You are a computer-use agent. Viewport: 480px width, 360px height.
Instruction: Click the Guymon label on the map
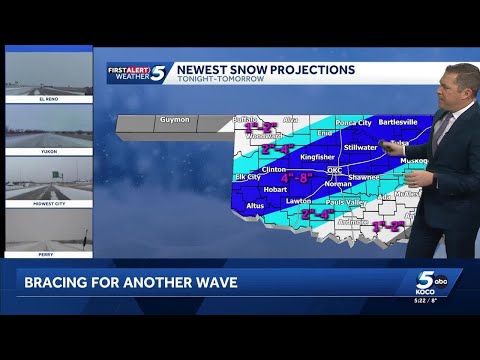[x=173, y=120]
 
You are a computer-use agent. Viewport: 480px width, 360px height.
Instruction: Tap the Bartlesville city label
[x=397, y=121]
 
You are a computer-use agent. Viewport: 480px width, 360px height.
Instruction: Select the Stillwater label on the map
[x=361, y=146]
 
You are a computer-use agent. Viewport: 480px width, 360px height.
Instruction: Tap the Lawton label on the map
[x=298, y=201]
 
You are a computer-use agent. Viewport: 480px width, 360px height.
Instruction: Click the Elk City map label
[x=247, y=177]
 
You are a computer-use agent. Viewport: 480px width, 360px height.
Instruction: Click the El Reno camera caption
[x=48, y=99]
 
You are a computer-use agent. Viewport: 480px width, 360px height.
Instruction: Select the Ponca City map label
[x=351, y=122]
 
